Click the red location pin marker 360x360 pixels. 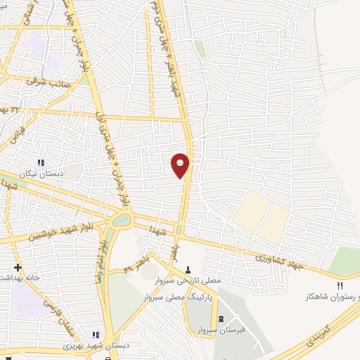click(x=181, y=165)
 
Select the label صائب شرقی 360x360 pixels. click(x=46, y=82)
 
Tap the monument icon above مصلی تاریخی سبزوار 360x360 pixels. click(x=188, y=269)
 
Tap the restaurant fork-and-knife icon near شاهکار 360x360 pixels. click(x=341, y=285)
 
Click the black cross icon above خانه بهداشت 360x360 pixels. click(x=18, y=268)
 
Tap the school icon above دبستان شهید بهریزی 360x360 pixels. click(x=96, y=335)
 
